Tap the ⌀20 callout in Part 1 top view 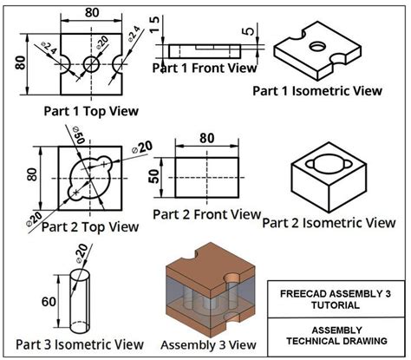point(103,42)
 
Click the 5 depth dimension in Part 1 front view point(250,32)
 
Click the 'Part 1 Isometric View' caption point(317,89)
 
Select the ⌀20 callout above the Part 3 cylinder point(79,252)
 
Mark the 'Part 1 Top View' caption point(90,111)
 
